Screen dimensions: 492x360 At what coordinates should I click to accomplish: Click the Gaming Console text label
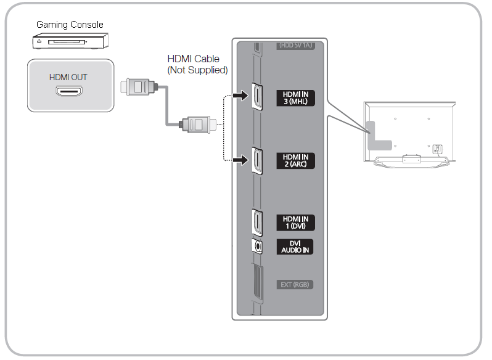(x=70, y=25)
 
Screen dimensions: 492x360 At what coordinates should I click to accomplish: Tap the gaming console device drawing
(x=70, y=41)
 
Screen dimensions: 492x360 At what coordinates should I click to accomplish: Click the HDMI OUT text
(x=68, y=77)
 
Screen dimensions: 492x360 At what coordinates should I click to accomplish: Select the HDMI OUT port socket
(x=69, y=91)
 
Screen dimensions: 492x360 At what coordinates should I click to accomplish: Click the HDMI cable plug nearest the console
(x=139, y=87)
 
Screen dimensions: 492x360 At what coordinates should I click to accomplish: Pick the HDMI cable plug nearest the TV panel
(x=198, y=125)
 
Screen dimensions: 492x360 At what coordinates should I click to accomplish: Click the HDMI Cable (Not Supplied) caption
(x=197, y=64)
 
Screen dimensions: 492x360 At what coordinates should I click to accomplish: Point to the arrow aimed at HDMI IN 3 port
(x=240, y=95)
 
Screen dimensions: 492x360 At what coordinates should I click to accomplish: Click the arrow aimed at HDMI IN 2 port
(x=240, y=160)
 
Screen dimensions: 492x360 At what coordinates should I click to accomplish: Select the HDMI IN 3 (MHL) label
(x=295, y=98)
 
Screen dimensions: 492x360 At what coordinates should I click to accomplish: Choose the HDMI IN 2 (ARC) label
(x=295, y=160)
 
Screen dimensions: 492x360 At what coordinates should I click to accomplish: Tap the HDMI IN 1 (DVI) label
(x=295, y=223)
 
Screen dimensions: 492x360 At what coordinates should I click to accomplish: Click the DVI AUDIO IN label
(x=295, y=247)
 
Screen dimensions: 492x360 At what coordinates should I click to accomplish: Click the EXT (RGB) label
(x=295, y=285)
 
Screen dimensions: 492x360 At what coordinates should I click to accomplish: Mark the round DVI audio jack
(x=257, y=247)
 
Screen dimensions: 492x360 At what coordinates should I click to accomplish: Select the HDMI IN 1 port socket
(x=257, y=223)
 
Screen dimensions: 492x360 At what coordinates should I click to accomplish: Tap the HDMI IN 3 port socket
(x=257, y=97)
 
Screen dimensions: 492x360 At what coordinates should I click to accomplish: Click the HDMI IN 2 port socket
(x=257, y=160)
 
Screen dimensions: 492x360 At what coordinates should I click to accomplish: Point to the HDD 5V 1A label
(x=295, y=46)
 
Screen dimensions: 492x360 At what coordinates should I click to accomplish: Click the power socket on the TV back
(x=437, y=149)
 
